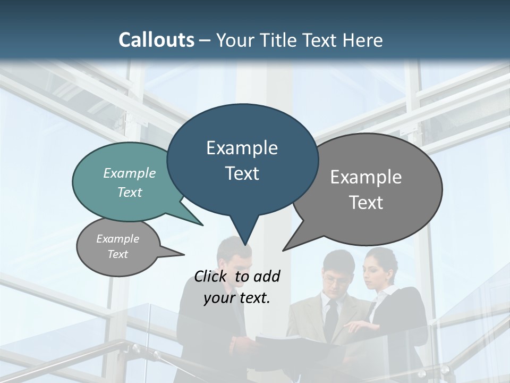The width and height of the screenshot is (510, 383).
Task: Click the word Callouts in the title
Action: (x=157, y=40)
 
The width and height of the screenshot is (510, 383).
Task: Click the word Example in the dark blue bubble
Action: (x=242, y=148)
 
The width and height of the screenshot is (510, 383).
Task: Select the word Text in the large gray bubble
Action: (x=366, y=203)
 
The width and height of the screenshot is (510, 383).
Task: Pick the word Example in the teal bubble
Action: (x=130, y=173)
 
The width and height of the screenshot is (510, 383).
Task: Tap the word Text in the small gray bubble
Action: (x=118, y=254)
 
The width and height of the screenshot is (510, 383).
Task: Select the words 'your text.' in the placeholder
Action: (x=237, y=298)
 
